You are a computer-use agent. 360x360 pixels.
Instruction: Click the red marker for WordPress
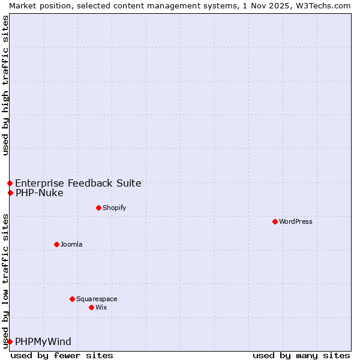click(275, 221)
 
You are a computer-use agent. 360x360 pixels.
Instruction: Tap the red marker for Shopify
click(98, 208)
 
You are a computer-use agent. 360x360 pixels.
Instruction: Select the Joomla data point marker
click(56, 244)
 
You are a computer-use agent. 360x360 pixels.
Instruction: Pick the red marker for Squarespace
click(72, 299)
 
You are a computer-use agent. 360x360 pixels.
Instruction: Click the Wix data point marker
click(91, 307)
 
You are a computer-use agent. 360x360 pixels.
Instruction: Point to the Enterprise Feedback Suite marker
click(10, 183)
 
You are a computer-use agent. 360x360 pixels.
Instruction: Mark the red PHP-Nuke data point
click(10, 193)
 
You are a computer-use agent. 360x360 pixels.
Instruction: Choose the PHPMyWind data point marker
click(10, 341)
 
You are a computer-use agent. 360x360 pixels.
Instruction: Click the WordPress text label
click(296, 221)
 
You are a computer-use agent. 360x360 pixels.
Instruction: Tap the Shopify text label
click(114, 208)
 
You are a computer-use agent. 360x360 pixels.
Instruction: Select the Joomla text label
click(71, 244)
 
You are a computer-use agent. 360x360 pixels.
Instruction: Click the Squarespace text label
click(97, 299)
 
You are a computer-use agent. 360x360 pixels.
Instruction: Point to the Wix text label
click(101, 307)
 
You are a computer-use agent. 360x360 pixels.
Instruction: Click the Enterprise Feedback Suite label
click(78, 183)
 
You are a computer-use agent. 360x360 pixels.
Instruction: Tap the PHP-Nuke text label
click(39, 193)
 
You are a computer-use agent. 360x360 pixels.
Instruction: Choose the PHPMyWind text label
click(43, 341)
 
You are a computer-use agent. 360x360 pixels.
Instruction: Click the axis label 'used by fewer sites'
click(62, 355)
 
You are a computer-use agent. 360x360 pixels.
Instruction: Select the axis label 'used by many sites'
click(301, 355)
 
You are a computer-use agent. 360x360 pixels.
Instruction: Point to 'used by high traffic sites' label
click(5, 85)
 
